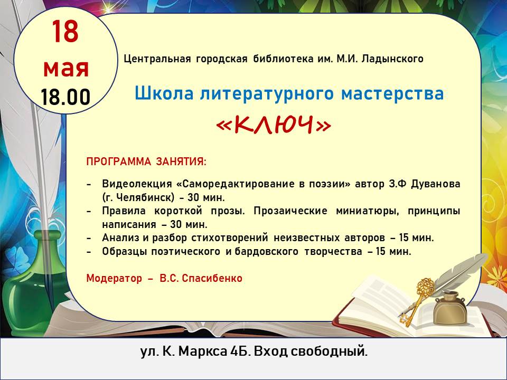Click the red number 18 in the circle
65,31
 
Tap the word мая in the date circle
66,68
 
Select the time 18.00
65,97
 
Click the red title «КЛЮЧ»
274,125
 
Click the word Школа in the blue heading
164,94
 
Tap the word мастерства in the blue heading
392,94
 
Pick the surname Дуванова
436,184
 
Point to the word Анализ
121,238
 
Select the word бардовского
266,251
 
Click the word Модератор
114,278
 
